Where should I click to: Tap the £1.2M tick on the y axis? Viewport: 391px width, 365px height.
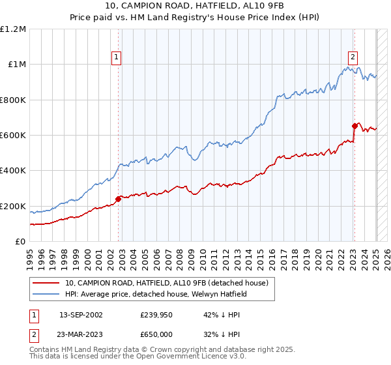[x=13, y=29]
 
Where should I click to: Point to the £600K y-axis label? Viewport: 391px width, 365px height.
[x=12, y=136]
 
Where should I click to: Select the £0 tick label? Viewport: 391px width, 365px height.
[x=21, y=242]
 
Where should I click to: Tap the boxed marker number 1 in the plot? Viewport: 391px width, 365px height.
[x=116, y=57]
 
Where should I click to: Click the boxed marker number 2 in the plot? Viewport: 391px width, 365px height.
[x=353, y=57]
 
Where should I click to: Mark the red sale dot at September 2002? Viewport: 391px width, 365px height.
[x=118, y=199]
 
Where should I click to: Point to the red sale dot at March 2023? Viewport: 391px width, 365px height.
[x=355, y=126]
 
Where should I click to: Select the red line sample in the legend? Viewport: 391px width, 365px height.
[x=47, y=283]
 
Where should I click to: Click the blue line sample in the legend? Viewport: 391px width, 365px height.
[x=47, y=294]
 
